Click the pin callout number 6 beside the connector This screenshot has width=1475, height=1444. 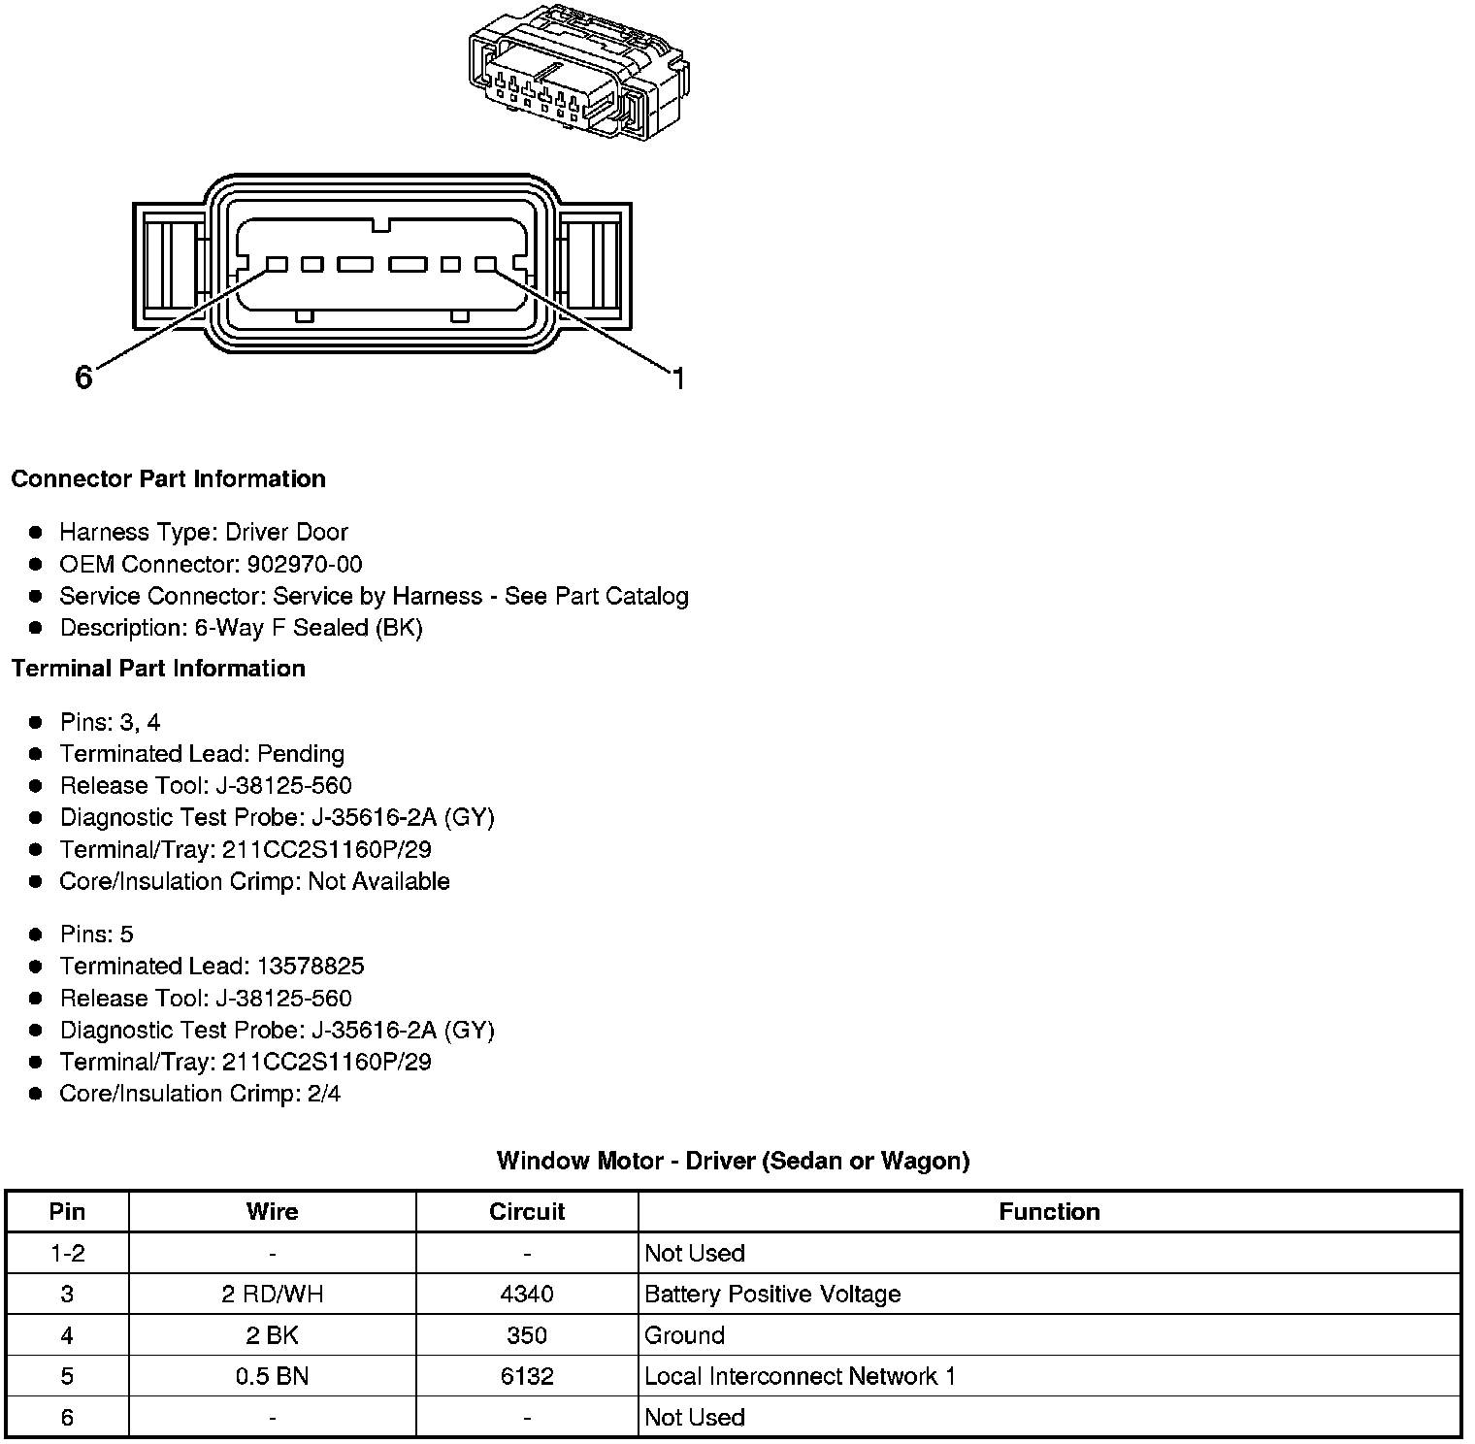point(83,377)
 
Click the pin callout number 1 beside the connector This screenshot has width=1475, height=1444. point(678,378)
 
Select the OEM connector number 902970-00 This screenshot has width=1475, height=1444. point(305,565)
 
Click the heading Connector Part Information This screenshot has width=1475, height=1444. point(168,479)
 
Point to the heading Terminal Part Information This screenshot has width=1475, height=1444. point(158,669)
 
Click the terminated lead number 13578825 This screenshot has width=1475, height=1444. point(311,967)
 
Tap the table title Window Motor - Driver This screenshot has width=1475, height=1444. point(733,1161)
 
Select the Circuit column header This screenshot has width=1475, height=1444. point(527,1212)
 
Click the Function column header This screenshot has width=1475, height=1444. point(1049,1212)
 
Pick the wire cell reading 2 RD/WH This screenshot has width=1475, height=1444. point(272,1295)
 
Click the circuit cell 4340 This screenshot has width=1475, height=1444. point(527,1295)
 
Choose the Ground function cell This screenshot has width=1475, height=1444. point(684,1336)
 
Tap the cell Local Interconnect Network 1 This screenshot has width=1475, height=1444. point(800,1377)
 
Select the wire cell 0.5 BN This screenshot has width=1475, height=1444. point(272,1377)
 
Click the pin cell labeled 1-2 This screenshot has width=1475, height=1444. point(67,1254)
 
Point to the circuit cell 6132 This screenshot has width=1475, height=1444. point(527,1377)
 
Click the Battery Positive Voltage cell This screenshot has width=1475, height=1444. point(772,1295)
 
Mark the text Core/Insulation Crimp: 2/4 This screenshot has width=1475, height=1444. point(200,1095)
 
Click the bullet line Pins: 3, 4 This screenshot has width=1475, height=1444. point(110,723)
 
